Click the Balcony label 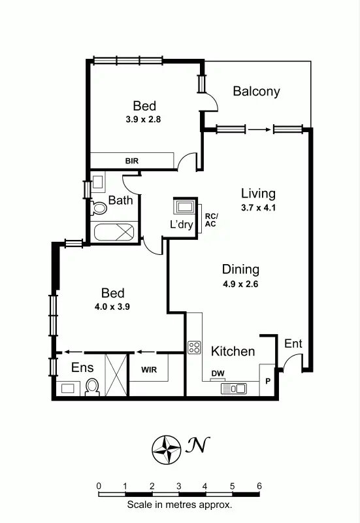coord(256,92)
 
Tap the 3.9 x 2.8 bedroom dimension coord(144,120)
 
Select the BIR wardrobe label coord(132,161)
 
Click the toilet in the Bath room coord(99,209)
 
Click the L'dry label coord(181,224)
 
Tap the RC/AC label coord(211,220)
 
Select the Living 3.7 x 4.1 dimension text coord(258,207)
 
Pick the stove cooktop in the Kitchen coord(194,347)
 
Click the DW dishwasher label coord(218,374)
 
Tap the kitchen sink coord(233,388)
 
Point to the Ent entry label coord(293,344)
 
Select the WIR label coord(149,369)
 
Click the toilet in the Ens coord(92,388)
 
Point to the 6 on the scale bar coord(259,486)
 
